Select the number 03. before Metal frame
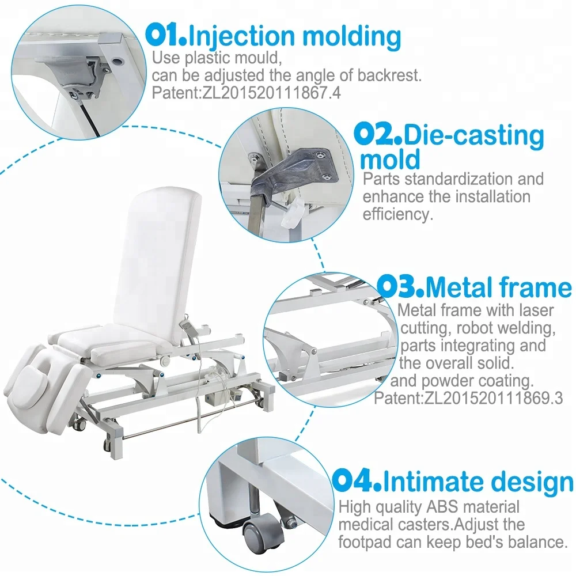click(x=402, y=286)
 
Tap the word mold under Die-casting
click(x=390, y=159)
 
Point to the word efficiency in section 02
click(x=397, y=214)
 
